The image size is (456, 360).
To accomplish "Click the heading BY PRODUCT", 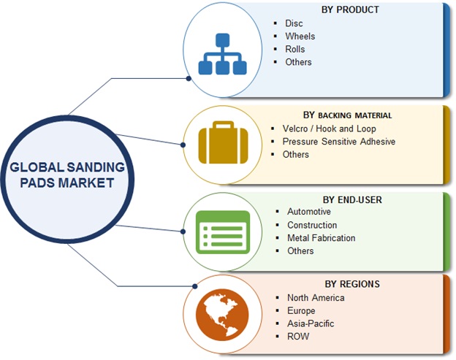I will (x=350, y=9).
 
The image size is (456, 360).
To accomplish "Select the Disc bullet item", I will (x=294, y=23).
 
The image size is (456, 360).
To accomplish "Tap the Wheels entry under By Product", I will (x=300, y=37).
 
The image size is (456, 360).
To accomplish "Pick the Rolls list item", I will (x=295, y=49).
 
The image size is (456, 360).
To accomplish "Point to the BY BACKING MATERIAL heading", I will (x=347, y=115).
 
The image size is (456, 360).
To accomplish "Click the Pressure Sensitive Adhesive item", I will (x=338, y=141).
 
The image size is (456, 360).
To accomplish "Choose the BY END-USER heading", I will (x=351, y=199).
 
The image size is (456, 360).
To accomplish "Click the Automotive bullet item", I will (x=309, y=212).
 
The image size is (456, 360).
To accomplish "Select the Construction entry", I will (x=312, y=225).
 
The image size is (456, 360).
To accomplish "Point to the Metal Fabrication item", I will (x=321, y=237).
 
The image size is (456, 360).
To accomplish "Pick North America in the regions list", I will (x=315, y=297).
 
